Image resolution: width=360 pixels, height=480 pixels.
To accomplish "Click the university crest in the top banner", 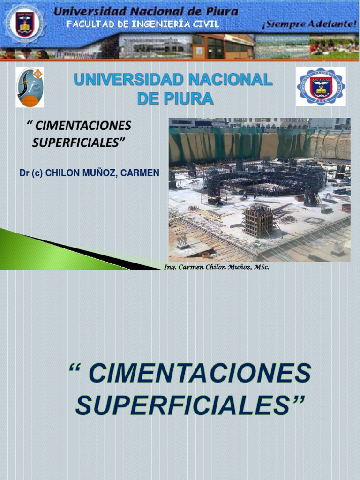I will (x=25, y=24).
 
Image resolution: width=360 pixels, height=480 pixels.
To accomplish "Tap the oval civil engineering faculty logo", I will (x=30, y=88).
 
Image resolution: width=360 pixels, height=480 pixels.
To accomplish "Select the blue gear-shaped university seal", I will (x=321, y=87).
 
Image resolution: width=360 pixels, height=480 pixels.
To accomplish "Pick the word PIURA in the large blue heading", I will (x=191, y=99).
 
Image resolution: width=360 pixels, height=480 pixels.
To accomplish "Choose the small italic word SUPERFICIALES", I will (x=78, y=142).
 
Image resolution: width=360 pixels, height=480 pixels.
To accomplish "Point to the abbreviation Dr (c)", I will (x=31, y=173).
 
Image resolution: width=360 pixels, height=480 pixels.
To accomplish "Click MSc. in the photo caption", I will (x=262, y=267).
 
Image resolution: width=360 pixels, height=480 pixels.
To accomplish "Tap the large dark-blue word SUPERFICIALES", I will (x=183, y=405).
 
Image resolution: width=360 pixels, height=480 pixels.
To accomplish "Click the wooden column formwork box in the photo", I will (x=258, y=220).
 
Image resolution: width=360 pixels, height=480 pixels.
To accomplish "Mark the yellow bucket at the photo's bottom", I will (x=205, y=255).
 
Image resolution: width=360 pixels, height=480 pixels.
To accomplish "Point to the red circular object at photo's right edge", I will (x=346, y=207).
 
